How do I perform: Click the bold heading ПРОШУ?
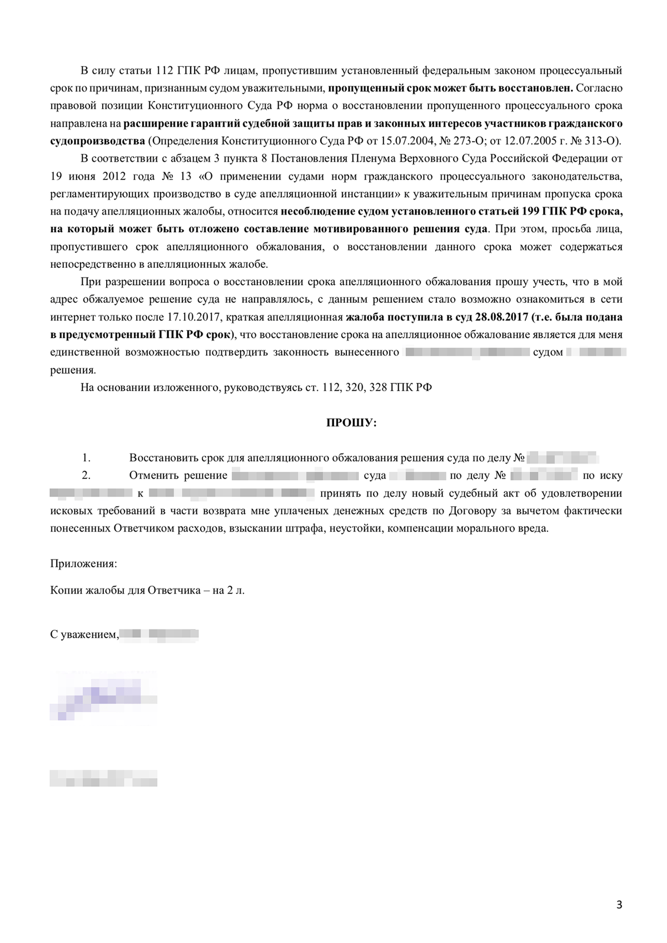click(351, 423)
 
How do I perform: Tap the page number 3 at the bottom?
click(619, 905)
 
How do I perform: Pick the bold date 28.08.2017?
click(499, 317)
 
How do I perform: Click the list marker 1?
click(86, 458)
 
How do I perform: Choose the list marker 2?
click(86, 476)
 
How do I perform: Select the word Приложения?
click(83, 563)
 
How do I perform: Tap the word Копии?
click(64, 590)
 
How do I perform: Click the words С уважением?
click(84, 635)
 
